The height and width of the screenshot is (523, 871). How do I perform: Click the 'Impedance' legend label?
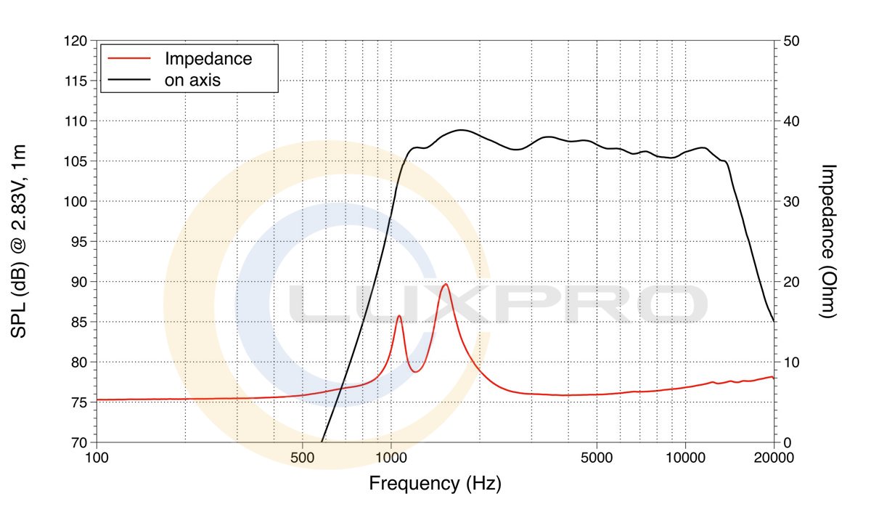pyautogui.click(x=208, y=59)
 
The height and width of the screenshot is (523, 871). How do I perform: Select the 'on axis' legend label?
pyautogui.click(x=192, y=80)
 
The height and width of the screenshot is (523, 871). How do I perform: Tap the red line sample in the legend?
pyautogui.click(x=129, y=57)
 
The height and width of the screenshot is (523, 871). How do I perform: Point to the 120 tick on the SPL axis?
pyautogui.click(x=75, y=41)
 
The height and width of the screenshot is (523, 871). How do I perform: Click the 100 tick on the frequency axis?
pyautogui.click(x=97, y=458)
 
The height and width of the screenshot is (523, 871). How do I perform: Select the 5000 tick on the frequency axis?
pyautogui.click(x=597, y=458)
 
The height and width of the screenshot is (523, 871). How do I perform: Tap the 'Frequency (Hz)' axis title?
pyautogui.click(x=435, y=483)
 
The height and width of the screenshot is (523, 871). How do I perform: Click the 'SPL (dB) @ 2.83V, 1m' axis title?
pyautogui.click(x=20, y=241)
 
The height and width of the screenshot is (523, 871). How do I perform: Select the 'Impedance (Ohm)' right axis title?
pyautogui.click(x=828, y=241)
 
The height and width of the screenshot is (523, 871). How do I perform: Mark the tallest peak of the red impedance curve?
pyautogui.click(x=445, y=284)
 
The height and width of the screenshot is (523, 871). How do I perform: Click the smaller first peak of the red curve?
pyautogui.click(x=399, y=316)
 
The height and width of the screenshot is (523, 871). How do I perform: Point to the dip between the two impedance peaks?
pyautogui.click(x=416, y=372)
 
